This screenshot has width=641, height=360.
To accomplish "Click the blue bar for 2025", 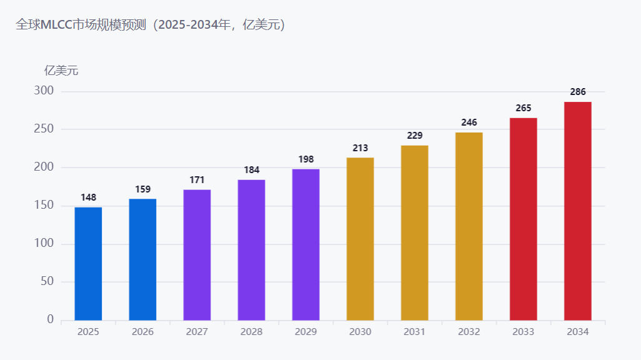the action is [88, 264].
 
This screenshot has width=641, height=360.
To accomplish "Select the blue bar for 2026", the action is [142, 260].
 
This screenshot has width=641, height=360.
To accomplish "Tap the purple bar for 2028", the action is [251, 250].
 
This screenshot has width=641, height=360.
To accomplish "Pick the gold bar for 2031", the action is [414, 232].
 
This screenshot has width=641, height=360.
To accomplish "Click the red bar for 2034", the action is [578, 211].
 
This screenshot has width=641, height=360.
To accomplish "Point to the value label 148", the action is [88, 197].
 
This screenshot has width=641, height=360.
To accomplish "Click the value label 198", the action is [306, 159].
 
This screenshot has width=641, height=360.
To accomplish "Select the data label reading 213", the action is [360, 148].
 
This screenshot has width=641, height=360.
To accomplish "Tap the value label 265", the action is [524, 108].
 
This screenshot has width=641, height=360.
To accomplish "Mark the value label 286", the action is [578, 92].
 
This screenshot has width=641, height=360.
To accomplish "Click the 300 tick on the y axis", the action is [44, 91].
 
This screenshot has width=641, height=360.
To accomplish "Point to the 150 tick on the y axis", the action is [44, 205].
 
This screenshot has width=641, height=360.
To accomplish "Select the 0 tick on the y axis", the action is [50, 319].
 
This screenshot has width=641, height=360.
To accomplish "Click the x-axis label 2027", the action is [197, 332].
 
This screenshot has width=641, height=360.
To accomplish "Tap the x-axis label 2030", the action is [360, 332].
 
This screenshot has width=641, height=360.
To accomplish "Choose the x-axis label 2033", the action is [524, 332].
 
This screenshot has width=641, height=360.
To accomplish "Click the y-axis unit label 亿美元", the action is [61, 71].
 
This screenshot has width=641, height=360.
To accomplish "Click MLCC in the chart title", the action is [56, 25].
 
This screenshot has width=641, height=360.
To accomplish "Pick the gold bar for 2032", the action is [469, 226].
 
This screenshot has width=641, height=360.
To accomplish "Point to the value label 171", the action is [197, 180].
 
